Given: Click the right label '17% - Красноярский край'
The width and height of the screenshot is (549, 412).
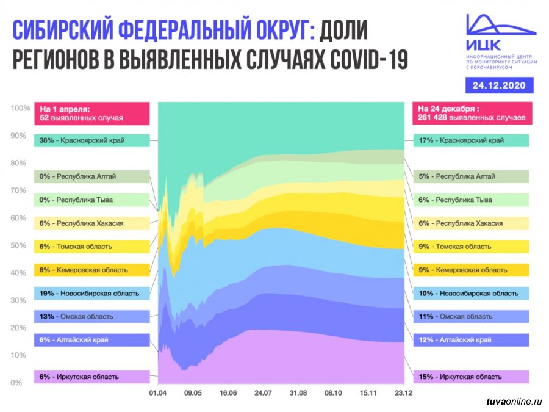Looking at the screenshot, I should tap(471, 140).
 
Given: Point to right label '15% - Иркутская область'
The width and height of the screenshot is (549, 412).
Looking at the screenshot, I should tap(471, 377).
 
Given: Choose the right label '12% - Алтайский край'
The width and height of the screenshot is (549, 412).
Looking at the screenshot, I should tap(471, 339).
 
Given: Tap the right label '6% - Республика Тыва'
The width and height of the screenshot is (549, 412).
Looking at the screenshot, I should tap(471, 200).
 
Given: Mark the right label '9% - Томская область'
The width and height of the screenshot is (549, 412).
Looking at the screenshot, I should tap(471, 247).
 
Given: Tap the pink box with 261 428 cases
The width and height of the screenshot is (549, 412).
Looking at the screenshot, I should tap(471, 112).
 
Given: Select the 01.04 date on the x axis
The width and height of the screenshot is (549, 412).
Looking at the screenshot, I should tap(158, 394).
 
